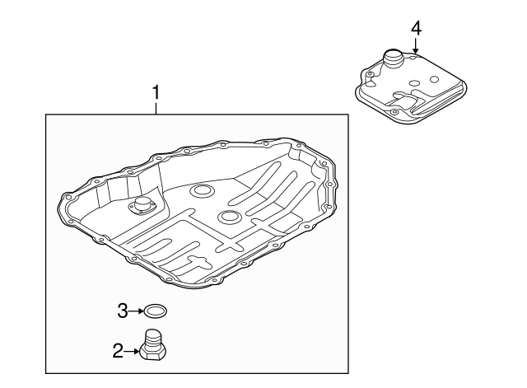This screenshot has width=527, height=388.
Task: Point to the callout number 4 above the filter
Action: tap(416, 28)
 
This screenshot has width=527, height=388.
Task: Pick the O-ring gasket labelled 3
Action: tap(155, 311)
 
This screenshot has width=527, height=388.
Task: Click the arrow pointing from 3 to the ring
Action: tap(136, 311)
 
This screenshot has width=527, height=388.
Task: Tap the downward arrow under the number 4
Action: tap(416, 46)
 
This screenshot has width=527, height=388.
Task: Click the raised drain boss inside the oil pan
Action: tap(144, 207)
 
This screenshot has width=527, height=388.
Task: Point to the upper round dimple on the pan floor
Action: tap(200, 192)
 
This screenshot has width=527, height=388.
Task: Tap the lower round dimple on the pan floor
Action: tap(229, 217)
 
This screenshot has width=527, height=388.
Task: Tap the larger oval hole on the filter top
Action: tap(406, 95)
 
